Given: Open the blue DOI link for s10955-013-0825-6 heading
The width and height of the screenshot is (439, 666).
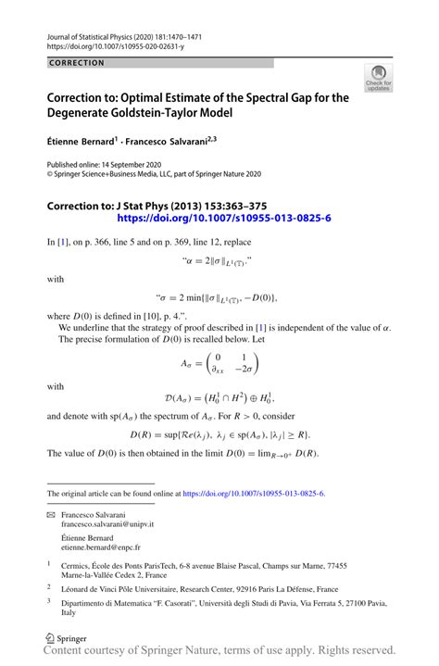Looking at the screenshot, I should click(x=224, y=219).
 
